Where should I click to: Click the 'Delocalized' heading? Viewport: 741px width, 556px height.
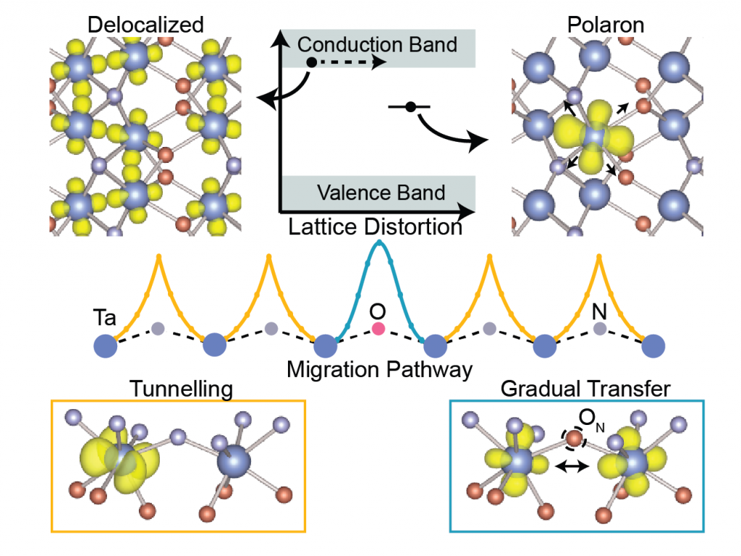coord(145,25)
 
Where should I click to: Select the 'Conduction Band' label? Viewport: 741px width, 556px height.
coord(378,44)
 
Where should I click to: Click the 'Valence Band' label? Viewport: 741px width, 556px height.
coord(381,193)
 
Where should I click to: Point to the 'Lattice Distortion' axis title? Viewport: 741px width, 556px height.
coord(375,227)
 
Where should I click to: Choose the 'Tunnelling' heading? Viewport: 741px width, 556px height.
coord(181,389)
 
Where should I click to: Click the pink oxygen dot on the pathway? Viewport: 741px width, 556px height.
coord(378,329)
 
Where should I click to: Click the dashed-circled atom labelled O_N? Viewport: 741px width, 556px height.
coord(573,439)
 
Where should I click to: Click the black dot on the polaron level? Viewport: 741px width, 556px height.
coord(410,107)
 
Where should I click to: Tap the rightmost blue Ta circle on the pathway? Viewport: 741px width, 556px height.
coord(654,345)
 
